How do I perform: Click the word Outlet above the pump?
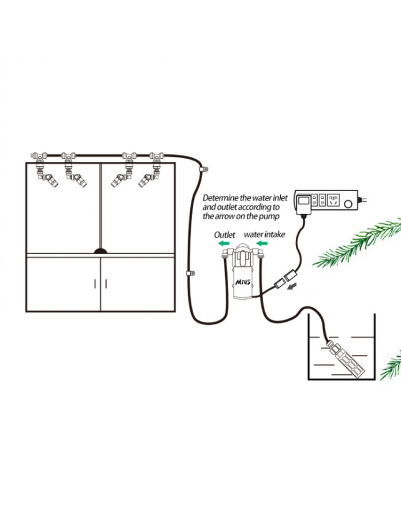click(224, 234)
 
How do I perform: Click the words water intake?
click(264, 234)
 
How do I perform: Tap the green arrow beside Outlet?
click(224, 243)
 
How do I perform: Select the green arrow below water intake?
click(262, 243)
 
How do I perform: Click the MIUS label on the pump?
click(243, 282)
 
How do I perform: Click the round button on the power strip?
click(348, 204)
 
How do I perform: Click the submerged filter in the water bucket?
click(346, 357)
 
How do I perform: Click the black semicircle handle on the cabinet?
click(101, 251)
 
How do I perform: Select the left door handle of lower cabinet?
click(94, 283)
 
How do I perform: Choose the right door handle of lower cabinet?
click(106, 283)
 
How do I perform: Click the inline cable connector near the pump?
click(285, 279)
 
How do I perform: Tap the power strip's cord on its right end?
click(363, 200)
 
